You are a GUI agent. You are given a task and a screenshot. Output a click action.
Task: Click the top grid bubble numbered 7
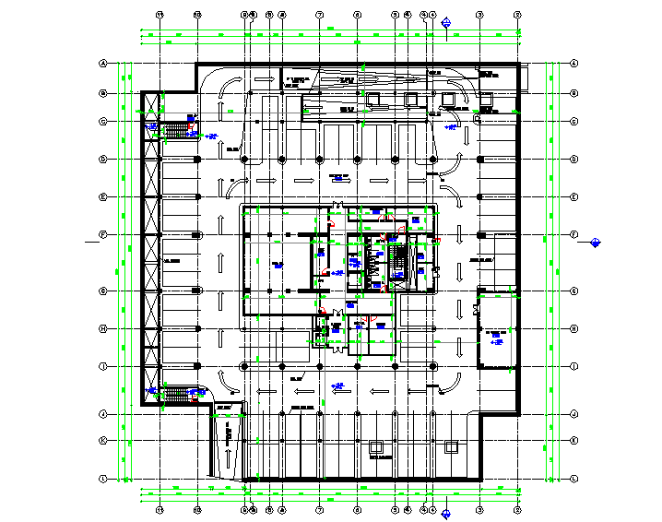[x=319, y=15]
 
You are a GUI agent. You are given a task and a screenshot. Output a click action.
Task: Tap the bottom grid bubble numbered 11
[x=160, y=509]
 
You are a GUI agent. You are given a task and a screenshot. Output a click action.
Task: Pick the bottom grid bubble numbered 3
[x=479, y=509]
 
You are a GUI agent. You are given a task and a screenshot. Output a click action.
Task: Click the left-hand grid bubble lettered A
[x=104, y=64]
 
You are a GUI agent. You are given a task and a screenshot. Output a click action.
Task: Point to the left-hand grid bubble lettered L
[x=104, y=478]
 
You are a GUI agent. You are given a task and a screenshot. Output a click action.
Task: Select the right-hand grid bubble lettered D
[x=573, y=160]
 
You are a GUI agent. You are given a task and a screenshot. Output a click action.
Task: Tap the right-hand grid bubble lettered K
[x=573, y=440]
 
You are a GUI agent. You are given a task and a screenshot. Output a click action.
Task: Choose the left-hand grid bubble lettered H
[x=104, y=328]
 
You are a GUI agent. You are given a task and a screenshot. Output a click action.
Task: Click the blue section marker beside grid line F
[x=596, y=243]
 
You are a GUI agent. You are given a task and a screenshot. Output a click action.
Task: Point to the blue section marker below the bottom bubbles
[x=446, y=514]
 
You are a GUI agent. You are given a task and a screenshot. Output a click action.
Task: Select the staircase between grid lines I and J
[x=174, y=395]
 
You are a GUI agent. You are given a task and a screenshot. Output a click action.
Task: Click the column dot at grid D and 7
[x=319, y=160]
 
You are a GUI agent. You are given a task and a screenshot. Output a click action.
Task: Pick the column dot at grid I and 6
[x=357, y=366]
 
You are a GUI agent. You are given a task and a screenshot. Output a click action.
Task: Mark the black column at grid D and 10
[x=197, y=160]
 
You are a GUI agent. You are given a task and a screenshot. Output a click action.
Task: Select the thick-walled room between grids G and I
[x=497, y=329]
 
